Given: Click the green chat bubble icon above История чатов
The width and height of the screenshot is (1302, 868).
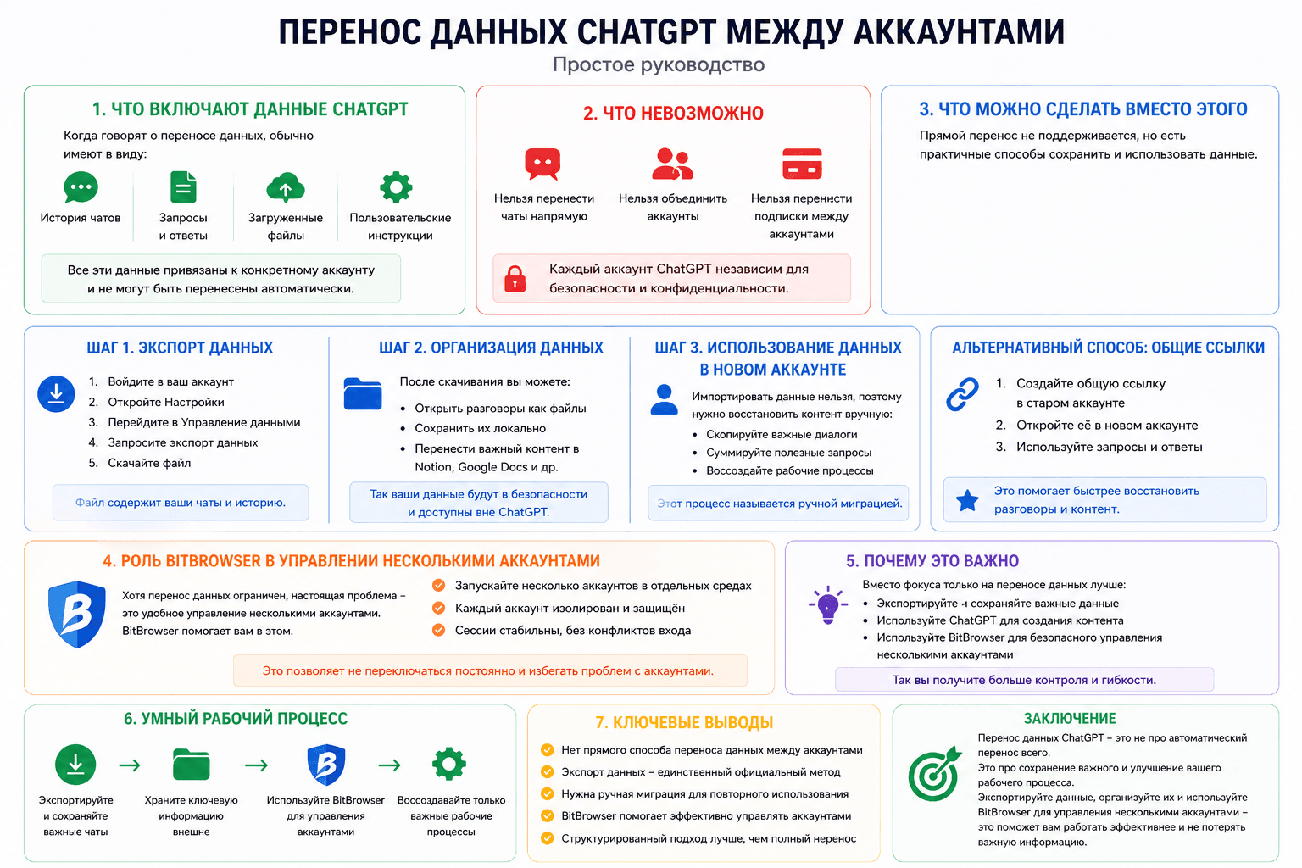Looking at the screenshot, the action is pos(81,186).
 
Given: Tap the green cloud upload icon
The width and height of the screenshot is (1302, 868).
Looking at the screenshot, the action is pos(286,187).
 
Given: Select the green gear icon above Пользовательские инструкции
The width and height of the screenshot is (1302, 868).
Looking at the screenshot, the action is pos(396,186).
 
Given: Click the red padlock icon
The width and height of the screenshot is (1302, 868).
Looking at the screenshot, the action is pos(515,279).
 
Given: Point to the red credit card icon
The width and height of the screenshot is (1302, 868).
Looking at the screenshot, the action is pos(802,164).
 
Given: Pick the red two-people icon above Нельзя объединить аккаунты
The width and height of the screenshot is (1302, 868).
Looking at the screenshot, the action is pos(672,164).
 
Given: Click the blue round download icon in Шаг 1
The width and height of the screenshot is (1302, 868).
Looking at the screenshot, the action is pos(57,393).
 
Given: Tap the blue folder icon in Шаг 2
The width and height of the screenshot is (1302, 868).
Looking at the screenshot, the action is pos(363,393).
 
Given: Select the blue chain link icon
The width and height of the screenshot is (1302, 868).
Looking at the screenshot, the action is pos(963,394).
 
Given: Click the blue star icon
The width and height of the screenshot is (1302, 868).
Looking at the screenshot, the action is pos(967,500).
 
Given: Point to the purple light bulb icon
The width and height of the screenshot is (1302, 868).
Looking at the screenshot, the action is pos(828,605).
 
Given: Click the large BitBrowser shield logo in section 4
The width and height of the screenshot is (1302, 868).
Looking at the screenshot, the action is pos(77,614).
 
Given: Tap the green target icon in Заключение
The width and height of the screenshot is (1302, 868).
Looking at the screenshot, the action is pos(935,773).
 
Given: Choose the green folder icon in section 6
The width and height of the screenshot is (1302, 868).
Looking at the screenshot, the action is pos(192,764).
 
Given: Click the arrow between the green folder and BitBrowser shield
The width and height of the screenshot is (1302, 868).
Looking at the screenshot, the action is pos(256,765).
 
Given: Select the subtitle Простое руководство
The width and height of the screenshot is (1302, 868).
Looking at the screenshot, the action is pos(659,64).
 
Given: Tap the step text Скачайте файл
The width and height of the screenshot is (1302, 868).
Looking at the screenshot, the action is pos(149,463).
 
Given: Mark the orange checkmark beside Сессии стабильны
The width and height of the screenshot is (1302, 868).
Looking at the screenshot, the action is pos(439,630).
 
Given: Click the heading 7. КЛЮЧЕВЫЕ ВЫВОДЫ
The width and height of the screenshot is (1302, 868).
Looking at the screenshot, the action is pos(684,722).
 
